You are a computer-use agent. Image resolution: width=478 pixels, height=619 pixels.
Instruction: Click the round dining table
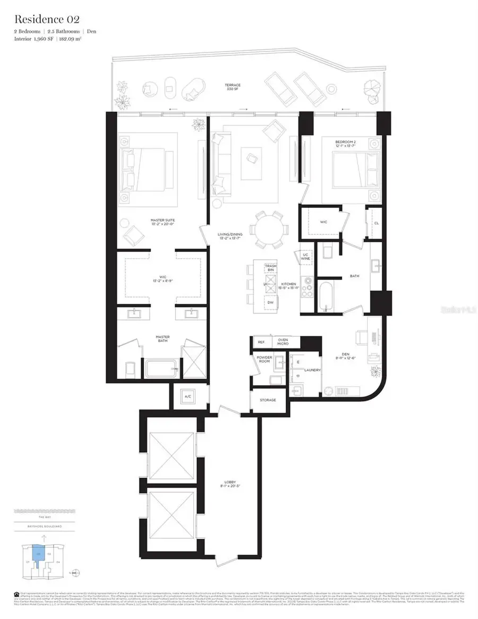pyautogui.click(x=270, y=230)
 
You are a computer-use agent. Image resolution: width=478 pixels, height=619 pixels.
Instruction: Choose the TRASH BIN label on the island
pyautogui.click(x=270, y=268)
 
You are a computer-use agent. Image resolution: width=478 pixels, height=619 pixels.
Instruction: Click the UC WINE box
pyautogui.click(x=305, y=257)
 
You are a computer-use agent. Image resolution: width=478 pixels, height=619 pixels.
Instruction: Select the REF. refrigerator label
pyautogui.click(x=260, y=342)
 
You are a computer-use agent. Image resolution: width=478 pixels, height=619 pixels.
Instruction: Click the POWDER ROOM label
pyautogui.click(x=264, y=360)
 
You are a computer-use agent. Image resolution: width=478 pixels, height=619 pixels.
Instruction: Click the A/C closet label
pyautogui.click(x=187, y=396)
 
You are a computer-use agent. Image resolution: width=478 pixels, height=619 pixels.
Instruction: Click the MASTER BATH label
pyautogui.click(x=163, y=338)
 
